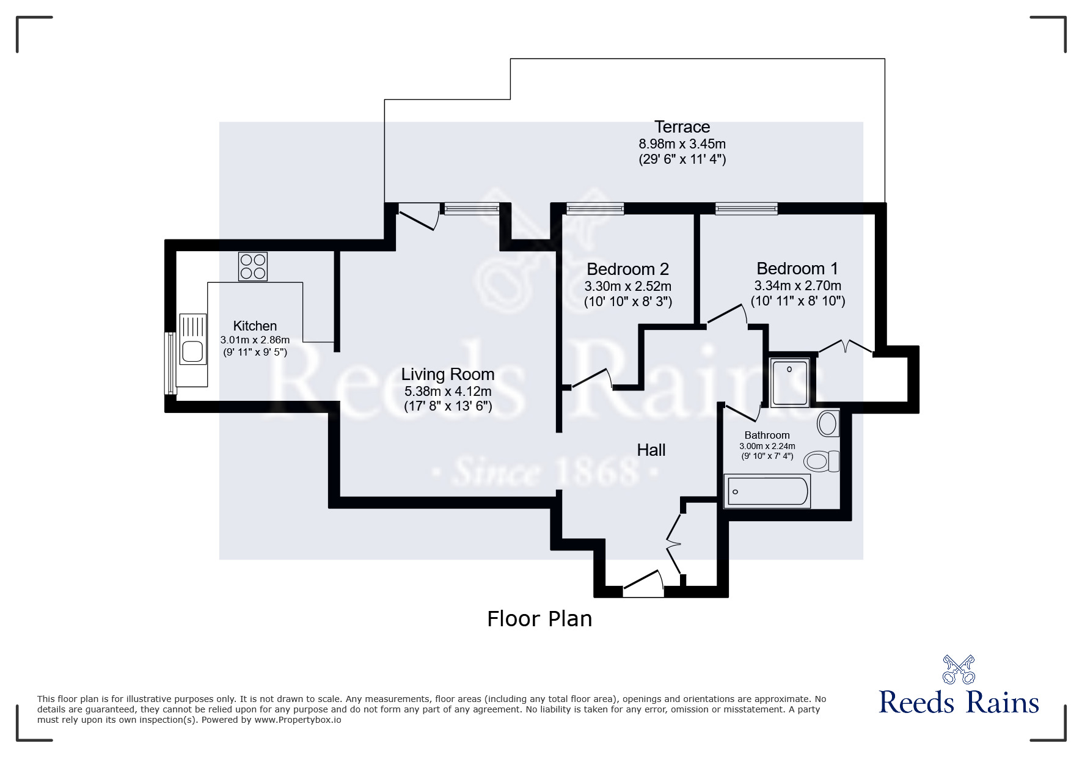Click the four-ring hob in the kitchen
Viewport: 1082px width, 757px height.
[252, 266]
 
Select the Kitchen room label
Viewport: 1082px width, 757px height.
[255, 326]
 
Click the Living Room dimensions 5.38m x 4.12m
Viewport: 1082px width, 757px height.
[447, 391]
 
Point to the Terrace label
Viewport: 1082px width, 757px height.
[682, 127]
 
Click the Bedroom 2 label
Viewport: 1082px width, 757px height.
[627, 269]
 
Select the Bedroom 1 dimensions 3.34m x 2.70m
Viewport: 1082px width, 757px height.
[797, 285]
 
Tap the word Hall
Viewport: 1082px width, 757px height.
[651, 450]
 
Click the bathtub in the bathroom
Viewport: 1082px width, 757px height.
[767, 491]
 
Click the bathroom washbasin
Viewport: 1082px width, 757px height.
[827, 423]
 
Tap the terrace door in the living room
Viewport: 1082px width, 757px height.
[418, 218]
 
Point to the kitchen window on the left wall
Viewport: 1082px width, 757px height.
[170, 363]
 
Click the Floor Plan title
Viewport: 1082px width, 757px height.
[539, 619]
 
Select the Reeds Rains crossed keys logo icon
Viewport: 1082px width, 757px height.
[958, 669]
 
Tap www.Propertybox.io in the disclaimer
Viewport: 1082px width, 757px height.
[298, 720]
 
